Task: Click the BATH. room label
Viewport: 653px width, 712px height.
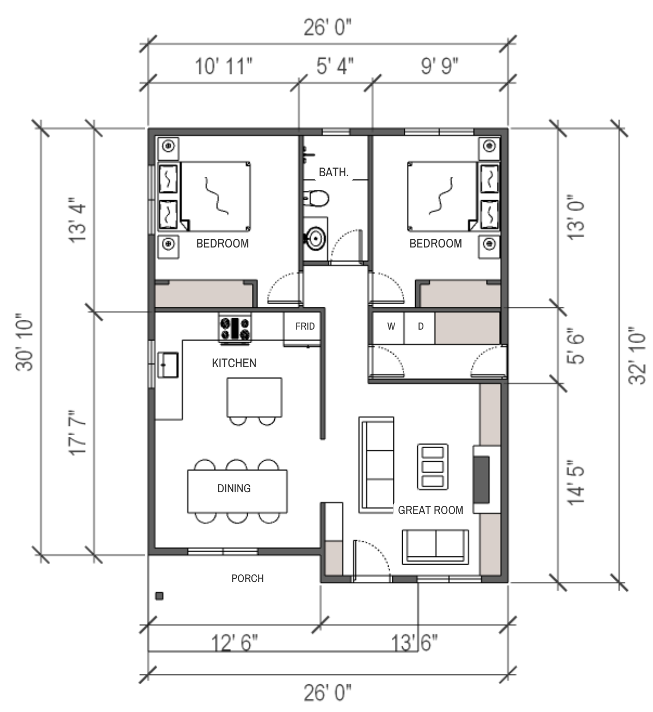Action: coord(334,172)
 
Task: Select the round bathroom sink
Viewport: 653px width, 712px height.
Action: coord(315,239)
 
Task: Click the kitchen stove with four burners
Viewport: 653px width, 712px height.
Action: coord(235,329)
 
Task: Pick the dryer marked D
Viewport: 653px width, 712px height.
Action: coord(420,327)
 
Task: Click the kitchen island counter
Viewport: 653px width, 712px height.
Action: coord(254,397)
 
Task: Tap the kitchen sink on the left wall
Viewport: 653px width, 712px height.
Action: coord(168,365)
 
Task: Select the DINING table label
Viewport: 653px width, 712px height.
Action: coord(234,488)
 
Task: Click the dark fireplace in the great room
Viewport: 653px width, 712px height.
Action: coord(482,480)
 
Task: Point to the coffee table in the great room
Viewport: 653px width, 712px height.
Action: coord(433,467)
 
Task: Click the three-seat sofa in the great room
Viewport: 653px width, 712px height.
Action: coord(377,465)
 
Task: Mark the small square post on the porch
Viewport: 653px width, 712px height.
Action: coord(159,596)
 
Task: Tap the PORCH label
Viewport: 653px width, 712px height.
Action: coord(248,579)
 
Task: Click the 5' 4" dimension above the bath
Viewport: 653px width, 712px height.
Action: coord(335,66)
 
